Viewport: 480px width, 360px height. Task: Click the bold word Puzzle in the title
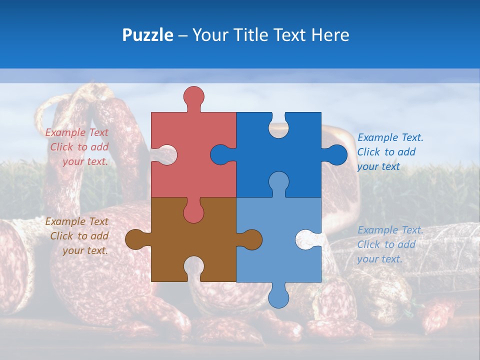[147, 35]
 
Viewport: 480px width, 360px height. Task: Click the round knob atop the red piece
[194, 96]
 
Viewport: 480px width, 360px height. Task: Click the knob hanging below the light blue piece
[278, 297]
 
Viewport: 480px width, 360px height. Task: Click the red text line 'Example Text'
[76, 132]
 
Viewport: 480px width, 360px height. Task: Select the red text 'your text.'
[85, 161]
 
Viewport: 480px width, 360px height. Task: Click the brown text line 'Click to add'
[79, 236]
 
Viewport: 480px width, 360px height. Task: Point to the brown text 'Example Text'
[76, 221]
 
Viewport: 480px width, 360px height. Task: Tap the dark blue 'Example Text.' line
[390, 137]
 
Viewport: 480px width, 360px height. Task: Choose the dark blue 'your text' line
[378, 166]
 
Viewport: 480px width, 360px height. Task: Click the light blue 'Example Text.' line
[390, 230]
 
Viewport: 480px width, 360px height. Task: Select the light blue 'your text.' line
[379, 259]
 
